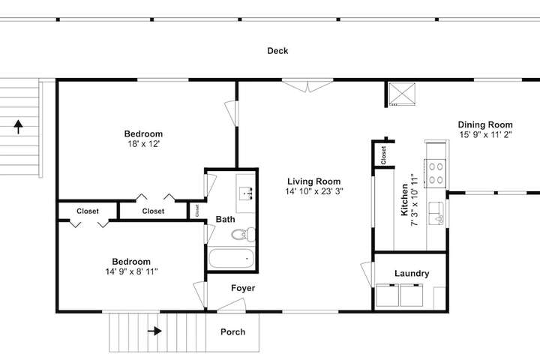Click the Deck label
point(277,51)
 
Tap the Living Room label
point(314,181)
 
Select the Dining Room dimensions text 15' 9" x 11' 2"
point(485,135)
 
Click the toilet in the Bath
point(244,234)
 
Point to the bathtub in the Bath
point(232,258)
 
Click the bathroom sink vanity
point(246,193)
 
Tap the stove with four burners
point(435,173)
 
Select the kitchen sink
point(436,214)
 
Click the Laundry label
point(412,274)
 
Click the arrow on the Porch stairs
point(154,331)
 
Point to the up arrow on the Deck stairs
point(18,127)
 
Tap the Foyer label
point(243,288)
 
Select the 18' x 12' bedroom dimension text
point(143,144)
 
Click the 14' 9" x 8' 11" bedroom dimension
point(131,271)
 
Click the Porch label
point(232,331)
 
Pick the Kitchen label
point(405,199)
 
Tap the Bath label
point(225,219)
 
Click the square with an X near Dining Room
point(402,94)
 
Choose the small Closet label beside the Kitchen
point(383,155)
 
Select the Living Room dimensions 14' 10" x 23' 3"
point(314,191)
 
